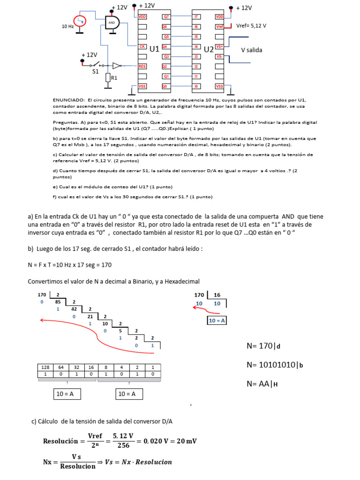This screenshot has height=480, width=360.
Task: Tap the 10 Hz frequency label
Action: click(68, 27)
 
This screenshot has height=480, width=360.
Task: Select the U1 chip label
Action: click(154, 49)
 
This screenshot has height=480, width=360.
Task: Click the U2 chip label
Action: click(209, 49)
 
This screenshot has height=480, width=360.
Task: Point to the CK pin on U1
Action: click(142, 46)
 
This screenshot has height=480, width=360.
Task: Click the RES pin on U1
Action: click(142, 67)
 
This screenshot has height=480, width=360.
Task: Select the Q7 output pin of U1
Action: click(166, 16)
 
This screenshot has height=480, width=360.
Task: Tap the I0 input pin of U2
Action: click(196, 86)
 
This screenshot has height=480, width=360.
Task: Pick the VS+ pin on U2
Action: click(219, 46)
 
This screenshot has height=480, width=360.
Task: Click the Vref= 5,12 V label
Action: click(251, 26)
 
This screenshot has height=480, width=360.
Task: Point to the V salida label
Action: click(252, 50)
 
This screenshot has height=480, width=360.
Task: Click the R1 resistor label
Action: click(114, 78)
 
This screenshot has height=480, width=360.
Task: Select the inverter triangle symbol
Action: click(117, 66)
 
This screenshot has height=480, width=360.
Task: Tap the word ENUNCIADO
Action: click(68, 100)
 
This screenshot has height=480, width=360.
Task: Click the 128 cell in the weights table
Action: click(45, 367)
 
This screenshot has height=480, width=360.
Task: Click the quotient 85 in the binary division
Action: click(58, 302)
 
